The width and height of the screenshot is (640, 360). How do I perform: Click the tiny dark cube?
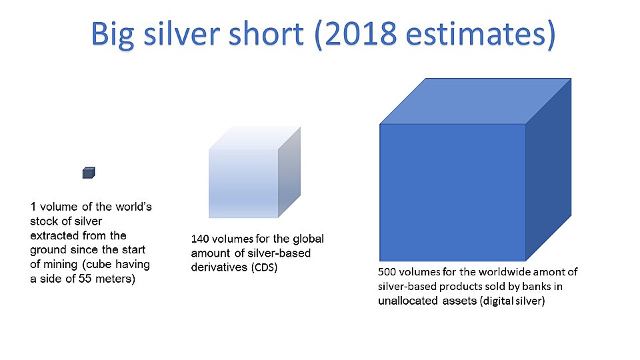click(x=89, y=173)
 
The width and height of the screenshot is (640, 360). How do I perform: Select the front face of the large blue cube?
click(x=453, y=192)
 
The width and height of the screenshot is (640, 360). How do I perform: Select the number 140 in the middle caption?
click(x=200, y=239)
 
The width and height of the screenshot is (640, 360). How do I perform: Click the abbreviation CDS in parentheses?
click(x=262, y=268)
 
